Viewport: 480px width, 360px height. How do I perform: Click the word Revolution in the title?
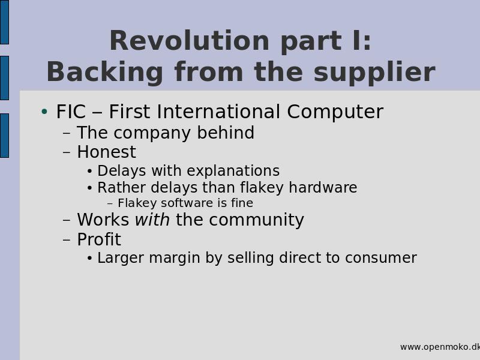click(189, 41)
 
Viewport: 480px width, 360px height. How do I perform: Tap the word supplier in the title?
click(374, 72)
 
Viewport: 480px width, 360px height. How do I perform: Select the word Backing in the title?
click(105, 72)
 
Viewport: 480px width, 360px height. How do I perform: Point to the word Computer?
click(335, 112)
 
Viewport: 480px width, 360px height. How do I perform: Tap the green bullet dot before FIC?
click(44, 112)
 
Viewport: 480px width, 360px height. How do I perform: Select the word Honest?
click(107, 152)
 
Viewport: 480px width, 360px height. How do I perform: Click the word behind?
click(226, 133)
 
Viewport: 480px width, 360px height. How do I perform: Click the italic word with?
click(152, 220)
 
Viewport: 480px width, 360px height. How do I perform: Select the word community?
click(256, 220)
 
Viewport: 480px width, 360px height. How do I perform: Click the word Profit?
click(99, 239)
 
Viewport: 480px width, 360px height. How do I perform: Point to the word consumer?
click(381, 258)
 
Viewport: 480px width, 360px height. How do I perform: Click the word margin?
click(175, 258)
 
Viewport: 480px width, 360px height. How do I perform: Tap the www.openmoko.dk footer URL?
click(440, 347)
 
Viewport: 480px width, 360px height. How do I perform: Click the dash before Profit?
click(67, 239)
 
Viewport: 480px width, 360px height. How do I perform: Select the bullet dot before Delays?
click(89, 172)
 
